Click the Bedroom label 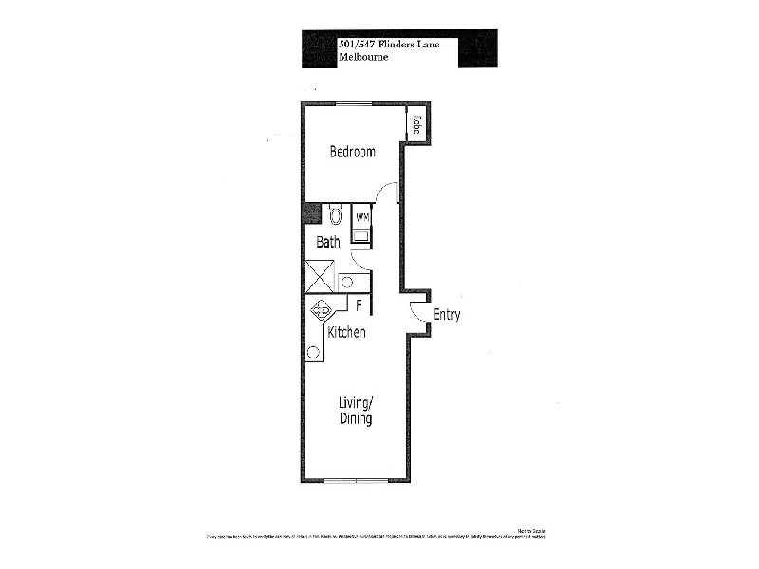[x=352, y=152]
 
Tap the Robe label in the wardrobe [x=416, y=126]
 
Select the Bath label [x=328, y=243]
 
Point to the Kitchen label [x=346, y=333]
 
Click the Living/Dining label [x=356, y=411]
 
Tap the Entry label [x=446, y=316]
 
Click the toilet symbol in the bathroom [x=335, y=215]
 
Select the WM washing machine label [x=361, y=218]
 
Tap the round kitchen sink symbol [x=313, y=353]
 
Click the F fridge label [x=359, y=305]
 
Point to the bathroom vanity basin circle [x=347, y=282]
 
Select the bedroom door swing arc [x=386, y=193]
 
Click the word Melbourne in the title [x=362, y=56]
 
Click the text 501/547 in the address [x=354, y=43]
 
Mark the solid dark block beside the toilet [x=311, y=213]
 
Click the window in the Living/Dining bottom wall [x=355, y=481]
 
